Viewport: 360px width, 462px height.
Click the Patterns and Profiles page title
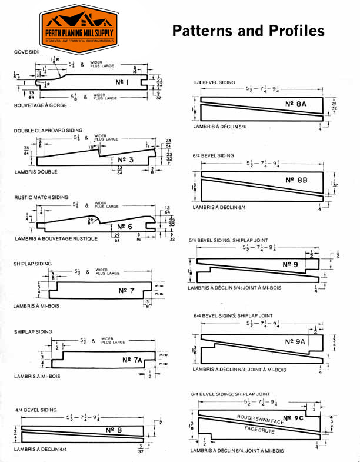[x=248, y=31]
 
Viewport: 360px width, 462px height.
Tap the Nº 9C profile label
[x=293, y=418]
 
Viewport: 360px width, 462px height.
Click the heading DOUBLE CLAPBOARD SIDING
[x=48, y=129]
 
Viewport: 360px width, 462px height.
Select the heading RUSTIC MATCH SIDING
[x=41, y=197]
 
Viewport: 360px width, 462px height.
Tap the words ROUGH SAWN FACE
[x=259, y=417]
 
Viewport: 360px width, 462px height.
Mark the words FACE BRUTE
[x=259, y=430]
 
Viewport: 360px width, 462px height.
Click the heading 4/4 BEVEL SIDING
[x=36, y=409]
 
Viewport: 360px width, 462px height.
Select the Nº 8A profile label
[x=297, y=104]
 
